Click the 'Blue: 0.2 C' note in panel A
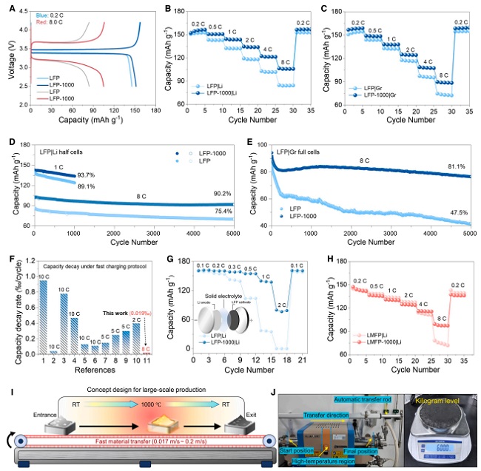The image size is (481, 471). coord(45,16)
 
